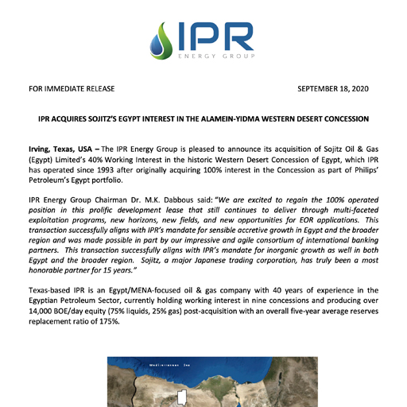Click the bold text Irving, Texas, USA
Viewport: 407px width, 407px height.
coord(63,149)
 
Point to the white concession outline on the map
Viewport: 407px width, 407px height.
coord(181,396)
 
